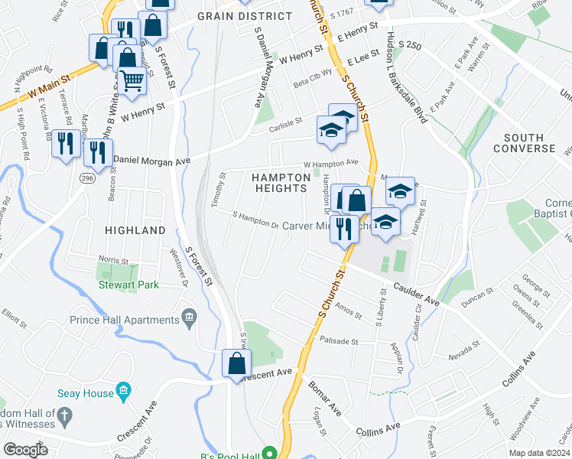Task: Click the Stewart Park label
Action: pos(128,285)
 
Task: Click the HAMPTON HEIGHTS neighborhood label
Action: pos(281,183)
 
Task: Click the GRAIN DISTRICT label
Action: pos(245,15)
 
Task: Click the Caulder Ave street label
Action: pos(417,295)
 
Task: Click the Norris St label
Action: pos(112,261)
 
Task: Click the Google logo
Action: pos(26,450)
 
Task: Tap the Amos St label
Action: pos(348,310)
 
